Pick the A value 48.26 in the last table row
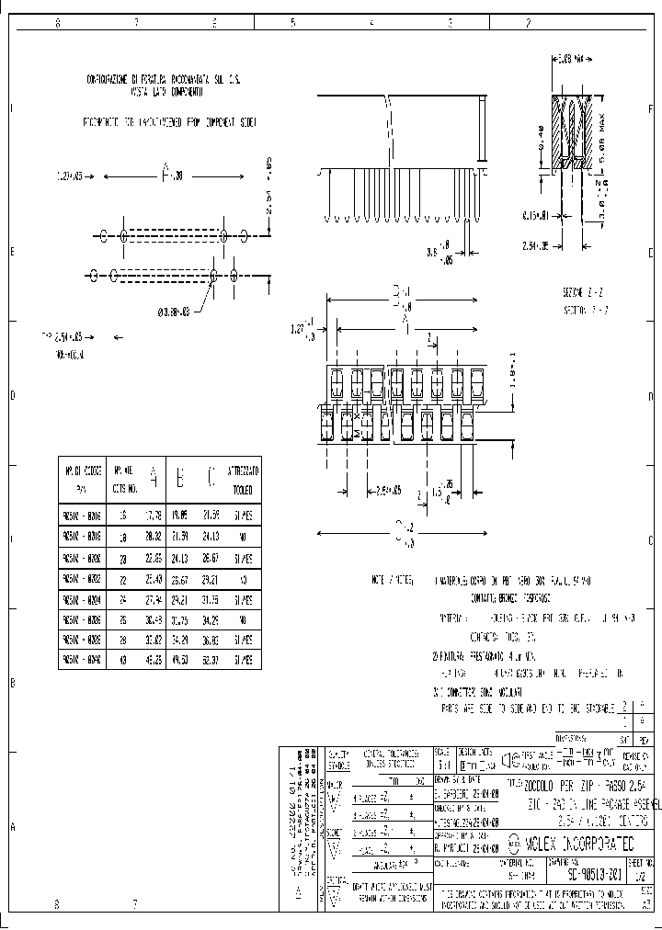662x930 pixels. coord(154,657)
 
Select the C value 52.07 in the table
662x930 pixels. coord(211,657)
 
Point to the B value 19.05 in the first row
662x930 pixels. coord(181,514)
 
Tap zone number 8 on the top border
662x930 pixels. coord(57,23)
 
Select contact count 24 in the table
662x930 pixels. coord(121,596)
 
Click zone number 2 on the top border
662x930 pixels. coord(528,23)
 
